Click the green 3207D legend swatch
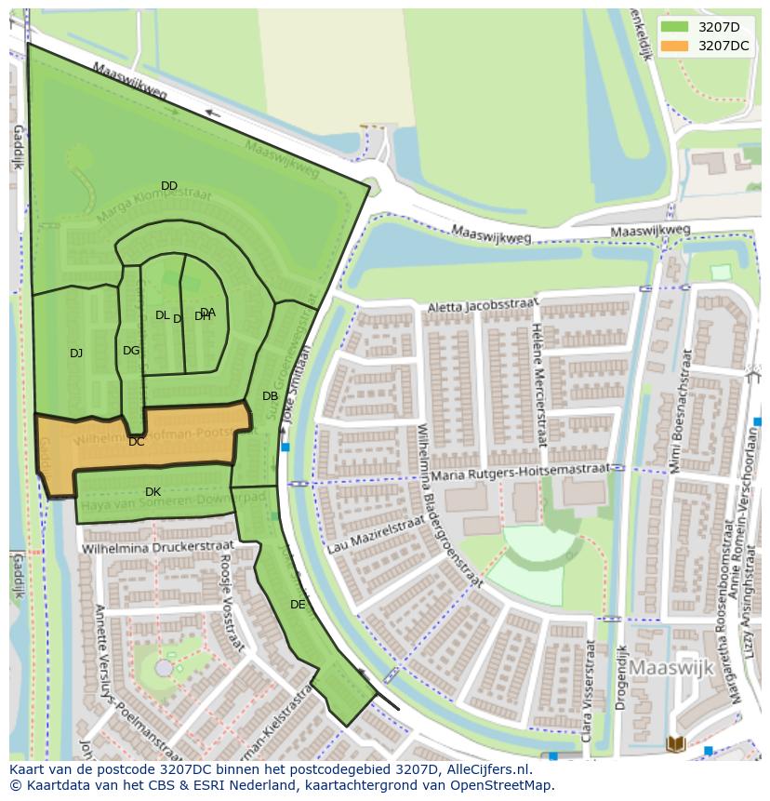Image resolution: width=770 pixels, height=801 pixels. tap(675, 27)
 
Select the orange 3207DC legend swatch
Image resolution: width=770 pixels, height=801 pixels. tap(675, 46)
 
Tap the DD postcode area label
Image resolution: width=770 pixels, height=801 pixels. tap(168, 186)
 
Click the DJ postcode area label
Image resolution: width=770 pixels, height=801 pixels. tap(76, 353)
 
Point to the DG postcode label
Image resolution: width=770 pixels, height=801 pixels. tap(131, 351)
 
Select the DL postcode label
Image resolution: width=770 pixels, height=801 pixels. tap(162, 315)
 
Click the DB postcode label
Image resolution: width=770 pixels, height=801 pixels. tap(270, 396)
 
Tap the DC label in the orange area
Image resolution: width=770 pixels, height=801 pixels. tap(137, 442)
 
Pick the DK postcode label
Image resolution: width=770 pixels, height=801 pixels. tap(153, 492)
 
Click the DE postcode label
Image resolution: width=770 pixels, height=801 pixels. tap(298, 605)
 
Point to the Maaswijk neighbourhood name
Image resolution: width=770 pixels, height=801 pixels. tap(670, 668)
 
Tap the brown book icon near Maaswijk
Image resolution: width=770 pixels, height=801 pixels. tap(676, 743)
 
